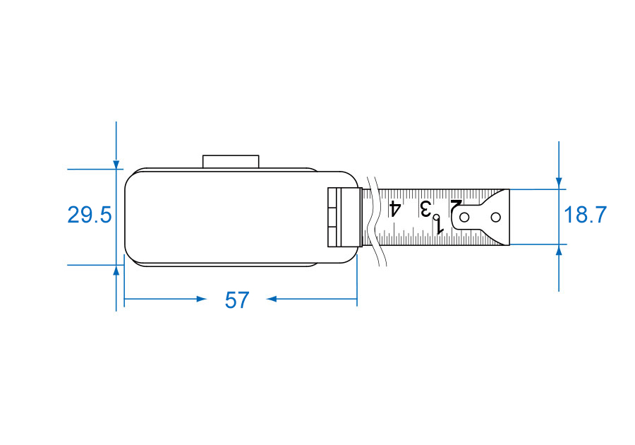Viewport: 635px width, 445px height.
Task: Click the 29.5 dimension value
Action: pyautogui.click(x=89, y=215)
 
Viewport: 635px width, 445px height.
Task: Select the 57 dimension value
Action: pyautogui.click(x=237, y=300)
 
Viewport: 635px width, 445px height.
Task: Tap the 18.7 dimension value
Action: pyautogui.click(x=585, y=215)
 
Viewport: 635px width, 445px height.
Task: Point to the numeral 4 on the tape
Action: pyautogui.click(x=395, y=208)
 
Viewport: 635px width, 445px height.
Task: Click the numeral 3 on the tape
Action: pyautogui.click(x=425, y=208)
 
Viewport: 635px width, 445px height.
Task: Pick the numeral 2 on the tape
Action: pyautogui.click(x=456, y=208)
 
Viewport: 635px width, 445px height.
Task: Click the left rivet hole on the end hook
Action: pyautogui.click(x=464, y=218)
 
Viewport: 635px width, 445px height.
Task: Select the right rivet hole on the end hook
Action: pyautogui.click(x=496, y=218)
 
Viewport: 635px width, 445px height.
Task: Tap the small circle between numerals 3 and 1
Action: pyautogui.click(x=437, y=218)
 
